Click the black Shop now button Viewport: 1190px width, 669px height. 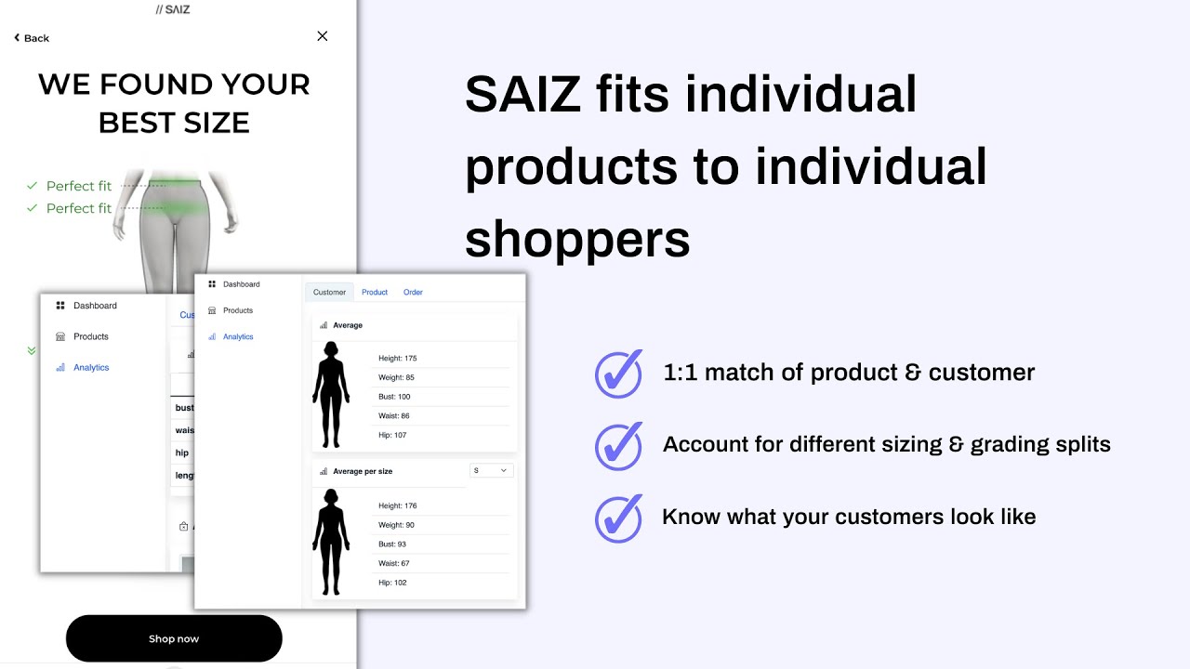[x=174, y=638]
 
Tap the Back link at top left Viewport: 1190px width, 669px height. [x=32, y=38]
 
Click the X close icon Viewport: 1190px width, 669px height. [x=322, y=36]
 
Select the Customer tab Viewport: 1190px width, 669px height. [x=329, y=292]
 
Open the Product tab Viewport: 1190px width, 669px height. [x=375, y=292]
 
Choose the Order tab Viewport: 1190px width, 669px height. [x=413, y=292]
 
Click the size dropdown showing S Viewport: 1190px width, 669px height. [x=491, y=470]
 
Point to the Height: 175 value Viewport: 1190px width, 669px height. [x=398, y=358]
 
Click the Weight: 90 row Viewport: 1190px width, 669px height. [x=397, y=525]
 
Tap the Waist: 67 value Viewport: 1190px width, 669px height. [x=394, y=563]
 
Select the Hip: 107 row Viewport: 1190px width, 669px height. [x=392, y=435]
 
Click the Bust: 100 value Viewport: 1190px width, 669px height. [x=394, y=397]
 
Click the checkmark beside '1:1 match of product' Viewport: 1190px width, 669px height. [x=618, y=374]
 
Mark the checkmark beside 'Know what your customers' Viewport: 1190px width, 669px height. [x=618, y=518]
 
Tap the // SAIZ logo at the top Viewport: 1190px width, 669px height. [x=173, y=9]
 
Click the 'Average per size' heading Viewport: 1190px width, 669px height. [x=363, y=471]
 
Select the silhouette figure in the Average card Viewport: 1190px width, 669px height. [x=331, y=394]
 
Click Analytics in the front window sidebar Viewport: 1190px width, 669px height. [x=238, y=336]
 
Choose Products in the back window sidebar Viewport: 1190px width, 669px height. [x=91, y=336]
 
